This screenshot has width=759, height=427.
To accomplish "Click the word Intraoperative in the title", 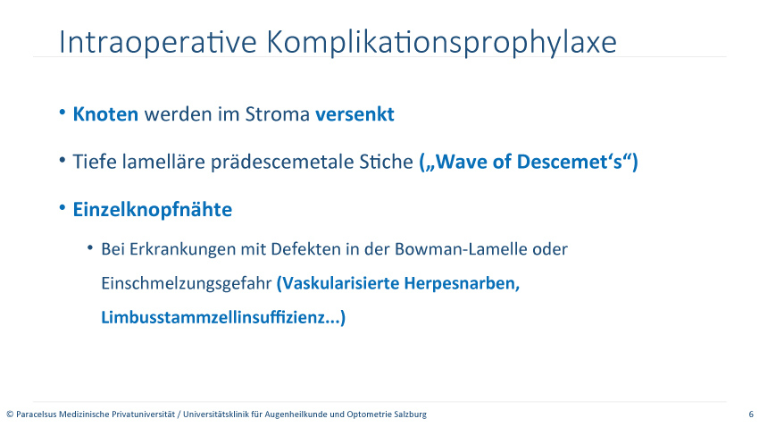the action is click(157, 42).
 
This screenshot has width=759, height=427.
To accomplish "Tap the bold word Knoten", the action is click(105, 114).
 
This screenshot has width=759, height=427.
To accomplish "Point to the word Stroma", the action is click(278, 114).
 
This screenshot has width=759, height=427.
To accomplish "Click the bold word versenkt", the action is click(354, 114).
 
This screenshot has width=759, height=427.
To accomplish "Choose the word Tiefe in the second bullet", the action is click(95, 162).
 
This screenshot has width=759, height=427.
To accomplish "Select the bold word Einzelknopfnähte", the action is click(153, 210).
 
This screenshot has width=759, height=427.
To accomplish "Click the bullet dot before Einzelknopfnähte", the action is click(63, 207).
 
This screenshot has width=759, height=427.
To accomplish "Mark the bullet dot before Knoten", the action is click(63, 113).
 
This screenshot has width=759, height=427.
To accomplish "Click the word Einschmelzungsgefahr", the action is click(187, 284).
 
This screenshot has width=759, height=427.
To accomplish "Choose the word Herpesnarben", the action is click(462, 283).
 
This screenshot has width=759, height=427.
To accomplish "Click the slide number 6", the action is click(751, 414).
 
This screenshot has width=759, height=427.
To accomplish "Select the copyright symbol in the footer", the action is click(10, 414).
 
